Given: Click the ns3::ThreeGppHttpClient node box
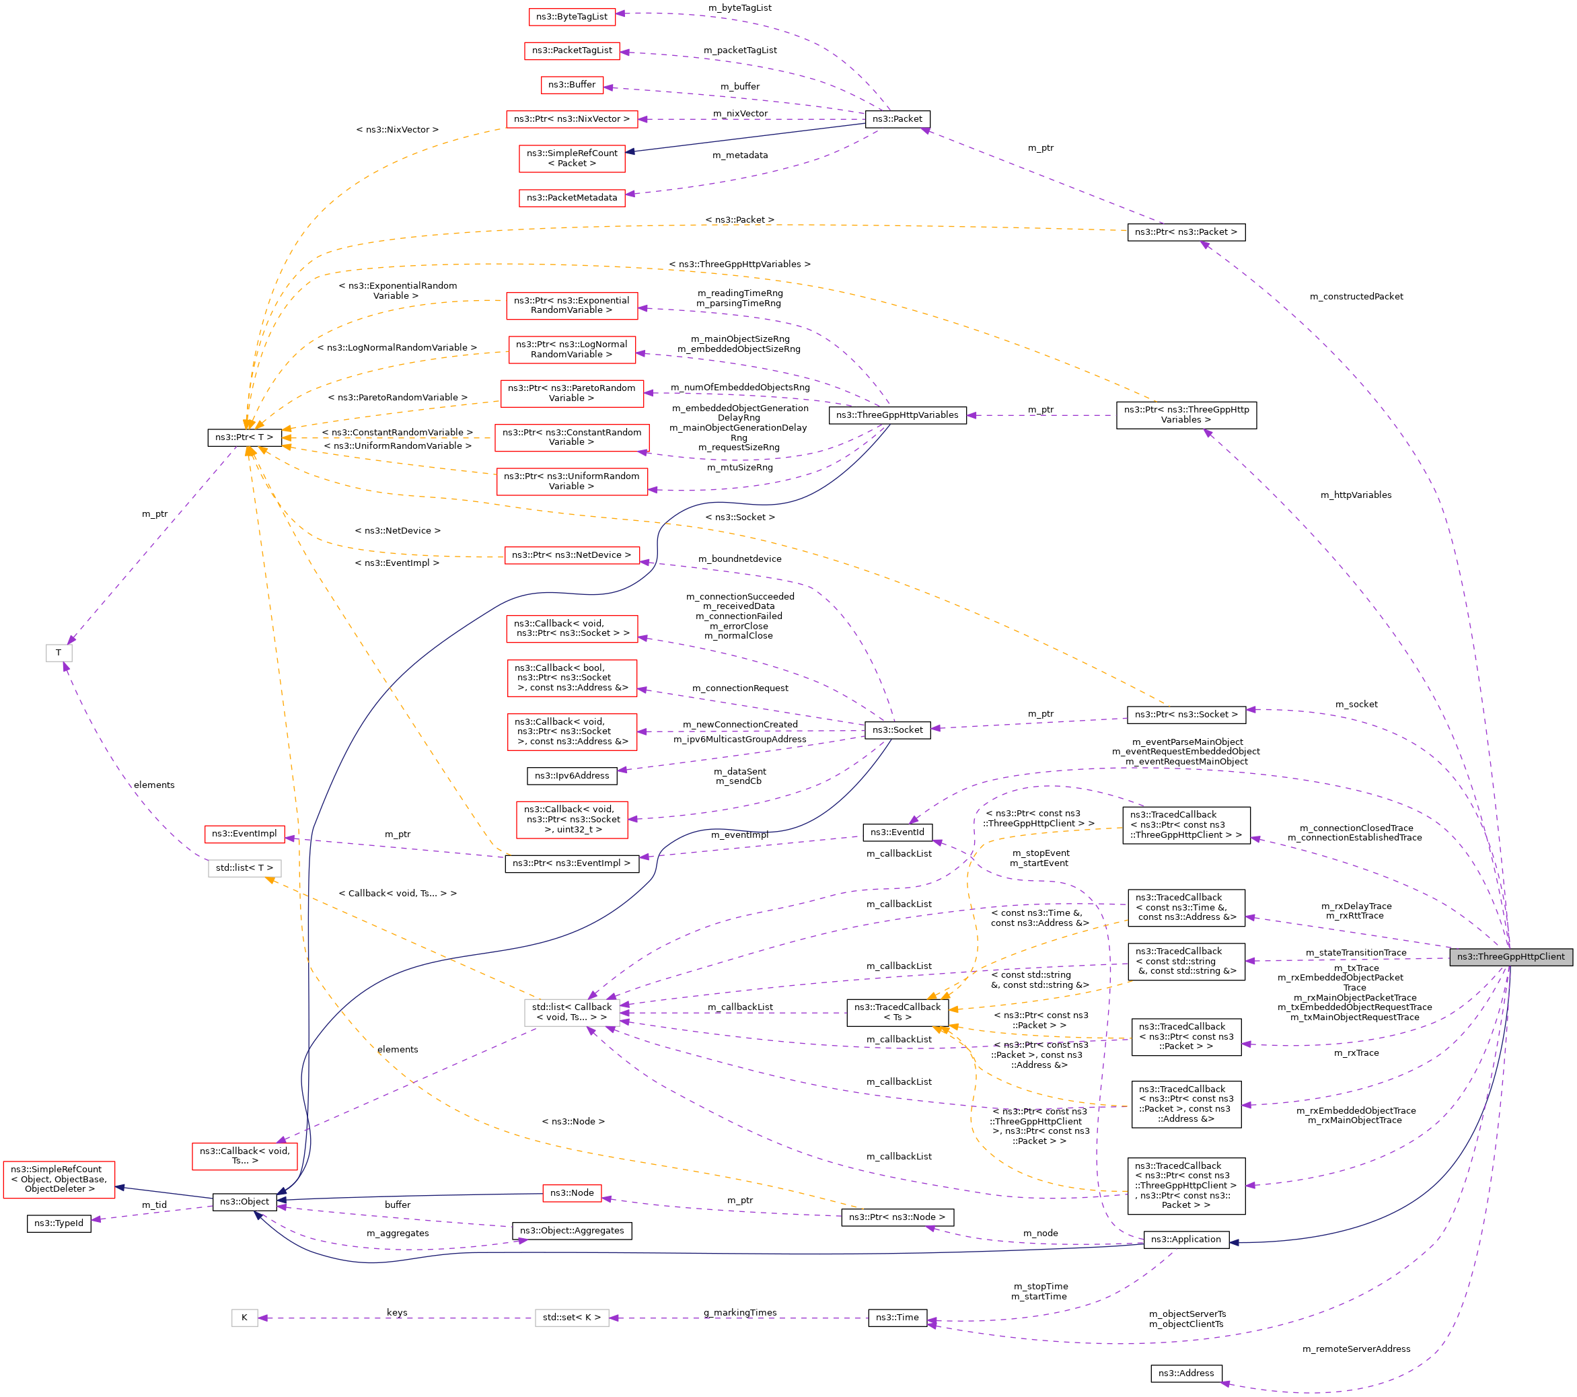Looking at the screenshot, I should (x=1510, y=957).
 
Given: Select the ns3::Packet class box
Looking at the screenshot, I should (x=897, y=119).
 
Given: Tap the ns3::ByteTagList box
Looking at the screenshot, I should (x=571, y=17).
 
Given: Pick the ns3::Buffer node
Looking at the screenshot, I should (x=571, y=85).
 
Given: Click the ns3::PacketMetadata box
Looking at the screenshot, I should (x=571, y=198).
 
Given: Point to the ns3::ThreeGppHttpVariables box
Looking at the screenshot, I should (x=897, y=415).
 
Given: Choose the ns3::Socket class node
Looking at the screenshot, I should (x=897, y=730).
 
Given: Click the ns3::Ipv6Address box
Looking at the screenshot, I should (x=571, y=776).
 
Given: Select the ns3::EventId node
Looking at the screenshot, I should (x=897, y=832).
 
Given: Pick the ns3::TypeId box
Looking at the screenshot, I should (x=59, y=1223).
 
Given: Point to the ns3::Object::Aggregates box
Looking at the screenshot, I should (x=571, y=1231).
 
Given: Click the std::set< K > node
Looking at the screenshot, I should (x=571, y=1318).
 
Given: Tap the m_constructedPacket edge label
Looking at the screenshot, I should (x=1356, y=296).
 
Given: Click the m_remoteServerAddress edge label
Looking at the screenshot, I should (x=1356, y=1349).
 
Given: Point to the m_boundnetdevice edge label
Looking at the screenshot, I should (x=739, y=559).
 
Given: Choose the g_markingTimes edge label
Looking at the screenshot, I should (x=739, y=1313).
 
